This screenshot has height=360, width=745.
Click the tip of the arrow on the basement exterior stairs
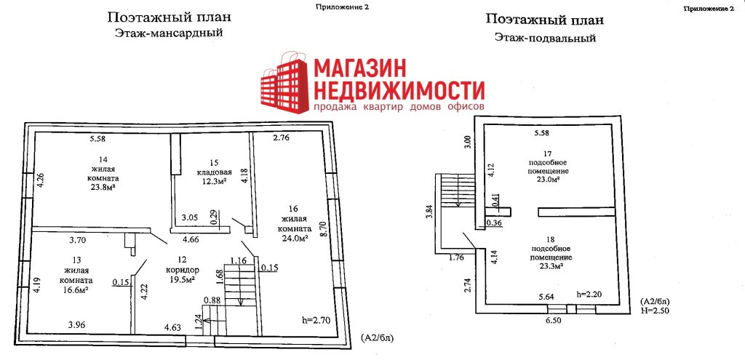[458, 206]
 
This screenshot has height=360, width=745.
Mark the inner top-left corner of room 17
[485, 125]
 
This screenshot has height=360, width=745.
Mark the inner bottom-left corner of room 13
[28, 335]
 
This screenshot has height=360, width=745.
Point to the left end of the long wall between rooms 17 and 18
[539, 212]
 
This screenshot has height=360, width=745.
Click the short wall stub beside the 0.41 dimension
[498, 212]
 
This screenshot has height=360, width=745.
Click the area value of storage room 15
[209, 181]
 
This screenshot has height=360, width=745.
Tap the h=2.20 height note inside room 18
[589, 294]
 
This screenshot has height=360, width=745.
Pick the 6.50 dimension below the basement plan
[554, 321]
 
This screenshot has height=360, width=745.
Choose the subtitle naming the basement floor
[545, 38]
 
